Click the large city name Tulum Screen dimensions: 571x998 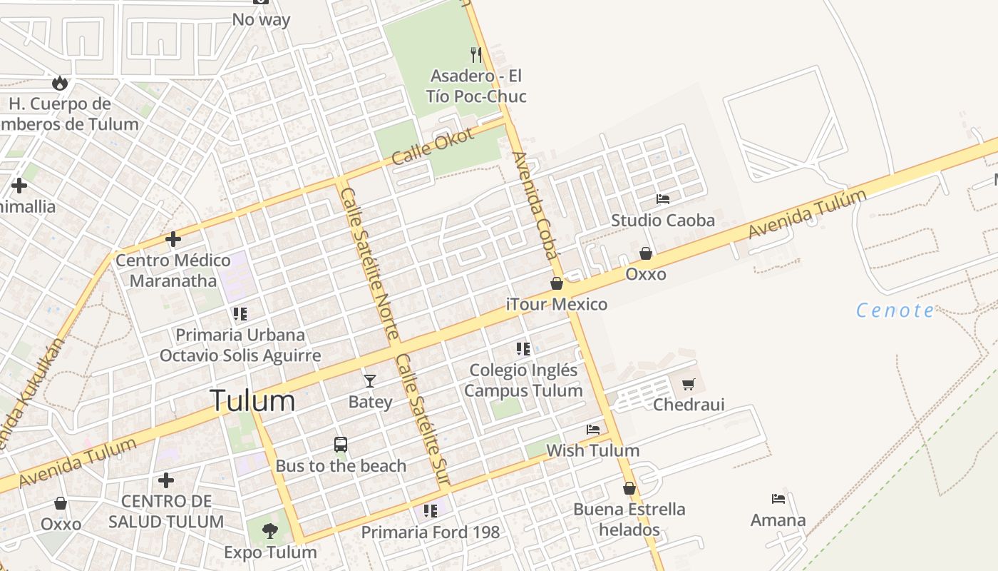tap(252, 401)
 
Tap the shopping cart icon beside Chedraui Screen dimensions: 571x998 tap(688, 385)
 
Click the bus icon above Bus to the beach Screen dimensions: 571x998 tap(341, 445)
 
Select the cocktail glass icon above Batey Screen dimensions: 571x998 tap(369, 380)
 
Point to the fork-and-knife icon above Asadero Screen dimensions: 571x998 tap(476, 54)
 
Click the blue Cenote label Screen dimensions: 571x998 tap(895, 310)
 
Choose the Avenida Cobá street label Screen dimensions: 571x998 tap(535, 206)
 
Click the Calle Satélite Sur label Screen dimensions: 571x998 tap(423, 421)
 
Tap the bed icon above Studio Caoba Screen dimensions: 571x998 tap(663, 199)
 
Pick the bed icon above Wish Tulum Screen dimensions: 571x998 tap(593, 429)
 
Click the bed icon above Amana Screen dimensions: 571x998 tap(778, 499)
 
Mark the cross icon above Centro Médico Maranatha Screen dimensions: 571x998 tap(173, 239)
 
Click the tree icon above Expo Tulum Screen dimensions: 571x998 tap(270, 530)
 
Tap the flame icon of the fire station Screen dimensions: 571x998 tap(60, 83)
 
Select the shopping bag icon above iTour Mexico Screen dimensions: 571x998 tap(557, 283)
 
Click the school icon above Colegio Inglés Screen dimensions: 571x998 tap(523, 349)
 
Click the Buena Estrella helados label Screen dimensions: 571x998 tap(629, 520)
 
